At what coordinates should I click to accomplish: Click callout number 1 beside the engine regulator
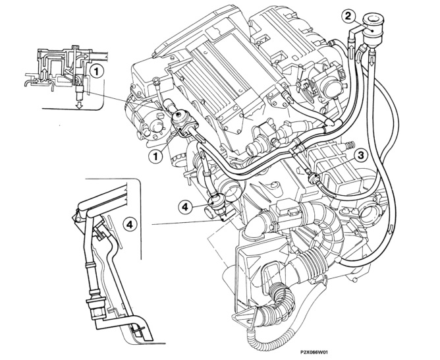coord(157,156)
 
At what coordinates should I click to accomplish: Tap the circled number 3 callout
coord(361,156)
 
